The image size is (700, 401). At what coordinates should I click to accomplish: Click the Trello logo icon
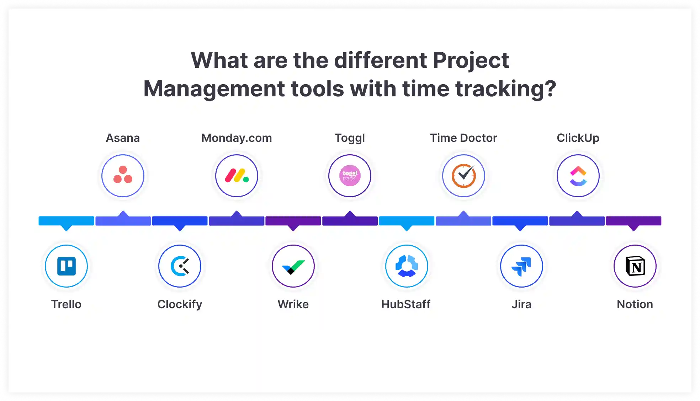click(67, 266)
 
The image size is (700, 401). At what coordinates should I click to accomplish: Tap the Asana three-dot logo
click(123, 176)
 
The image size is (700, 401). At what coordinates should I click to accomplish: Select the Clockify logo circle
click(180, 266)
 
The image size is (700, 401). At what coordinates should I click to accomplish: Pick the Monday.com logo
click(237, 176)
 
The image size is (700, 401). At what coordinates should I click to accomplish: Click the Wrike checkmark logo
click(293, 266)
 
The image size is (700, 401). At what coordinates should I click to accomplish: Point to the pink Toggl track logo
click(350, 176)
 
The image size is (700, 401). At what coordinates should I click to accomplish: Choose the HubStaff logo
click(407, 266)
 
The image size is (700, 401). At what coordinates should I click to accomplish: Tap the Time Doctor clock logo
click(463, 176)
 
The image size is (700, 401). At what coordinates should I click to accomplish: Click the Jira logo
click(521, 266)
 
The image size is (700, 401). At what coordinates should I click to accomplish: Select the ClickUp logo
click(578, 176)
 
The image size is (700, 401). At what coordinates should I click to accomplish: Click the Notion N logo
click(635, 266)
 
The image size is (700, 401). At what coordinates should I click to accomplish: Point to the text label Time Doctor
click(463, 138)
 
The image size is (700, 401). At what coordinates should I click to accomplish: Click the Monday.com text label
click(237, 138)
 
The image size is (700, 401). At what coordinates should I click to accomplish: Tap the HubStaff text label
click(406, 304)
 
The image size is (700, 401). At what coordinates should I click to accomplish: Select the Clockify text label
click(180, 304)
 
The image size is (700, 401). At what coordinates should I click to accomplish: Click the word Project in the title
click(471, 60)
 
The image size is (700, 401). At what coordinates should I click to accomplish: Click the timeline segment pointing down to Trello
click(67, 221)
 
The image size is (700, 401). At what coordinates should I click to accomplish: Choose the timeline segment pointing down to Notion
click(633, 221)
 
